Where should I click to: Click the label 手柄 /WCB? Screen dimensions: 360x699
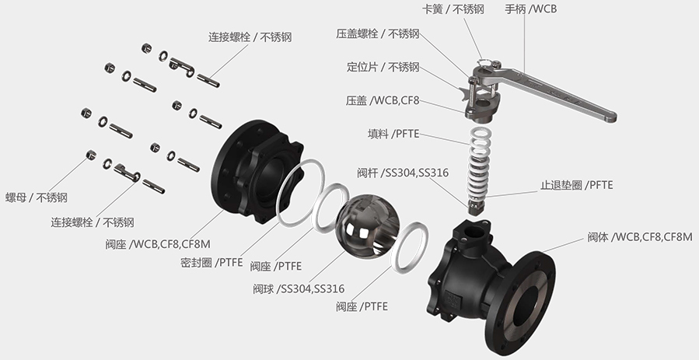(530, 9)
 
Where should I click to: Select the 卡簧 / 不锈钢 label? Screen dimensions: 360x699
(453, 9)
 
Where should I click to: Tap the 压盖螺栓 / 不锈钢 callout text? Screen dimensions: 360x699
(378, 33)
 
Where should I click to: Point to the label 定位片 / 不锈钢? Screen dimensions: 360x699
(383, 67)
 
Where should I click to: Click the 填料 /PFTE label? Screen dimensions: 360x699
(393, 134)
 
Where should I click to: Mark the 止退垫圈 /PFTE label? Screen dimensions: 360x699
(577, 185)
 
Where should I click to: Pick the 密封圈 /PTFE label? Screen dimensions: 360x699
(205, 261)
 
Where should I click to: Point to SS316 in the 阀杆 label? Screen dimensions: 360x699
(432, 172)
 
